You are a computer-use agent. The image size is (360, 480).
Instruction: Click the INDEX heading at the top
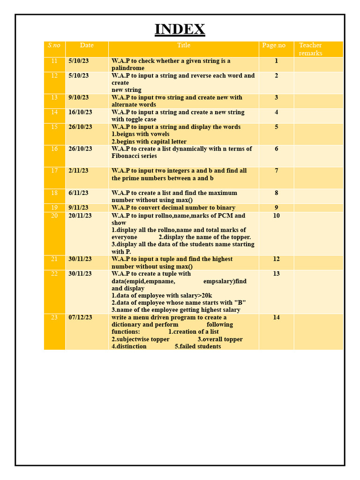coord(180,29)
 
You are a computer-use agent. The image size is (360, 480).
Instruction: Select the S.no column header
coord(54,45)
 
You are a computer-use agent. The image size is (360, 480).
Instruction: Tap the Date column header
coord(87,45)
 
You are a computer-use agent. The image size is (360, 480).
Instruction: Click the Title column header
coord(184,45)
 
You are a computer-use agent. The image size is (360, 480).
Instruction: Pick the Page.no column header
coord(274,45)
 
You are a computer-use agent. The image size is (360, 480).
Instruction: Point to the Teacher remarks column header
coord(310,49)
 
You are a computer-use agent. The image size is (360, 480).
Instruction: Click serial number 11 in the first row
coord(54,61)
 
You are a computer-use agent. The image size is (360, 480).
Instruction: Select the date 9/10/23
coord(78,97)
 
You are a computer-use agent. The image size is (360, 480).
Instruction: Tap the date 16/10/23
coord(80,112)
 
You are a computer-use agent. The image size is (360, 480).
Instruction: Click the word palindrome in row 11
coord(128,68)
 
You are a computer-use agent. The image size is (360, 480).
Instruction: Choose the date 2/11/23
coord(78,171)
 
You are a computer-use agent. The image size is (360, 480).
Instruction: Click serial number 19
coord(54,208)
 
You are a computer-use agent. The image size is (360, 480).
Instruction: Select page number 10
coord(276,216)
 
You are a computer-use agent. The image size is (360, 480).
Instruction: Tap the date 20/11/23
coord(80,216)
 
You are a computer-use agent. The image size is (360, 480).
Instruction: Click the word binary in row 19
coord(225,208)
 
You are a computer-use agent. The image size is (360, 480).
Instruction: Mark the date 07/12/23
coord(80,317)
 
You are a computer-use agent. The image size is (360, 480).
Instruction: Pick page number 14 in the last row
coord(276,317)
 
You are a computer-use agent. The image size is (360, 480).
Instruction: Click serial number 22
coord(54,274)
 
